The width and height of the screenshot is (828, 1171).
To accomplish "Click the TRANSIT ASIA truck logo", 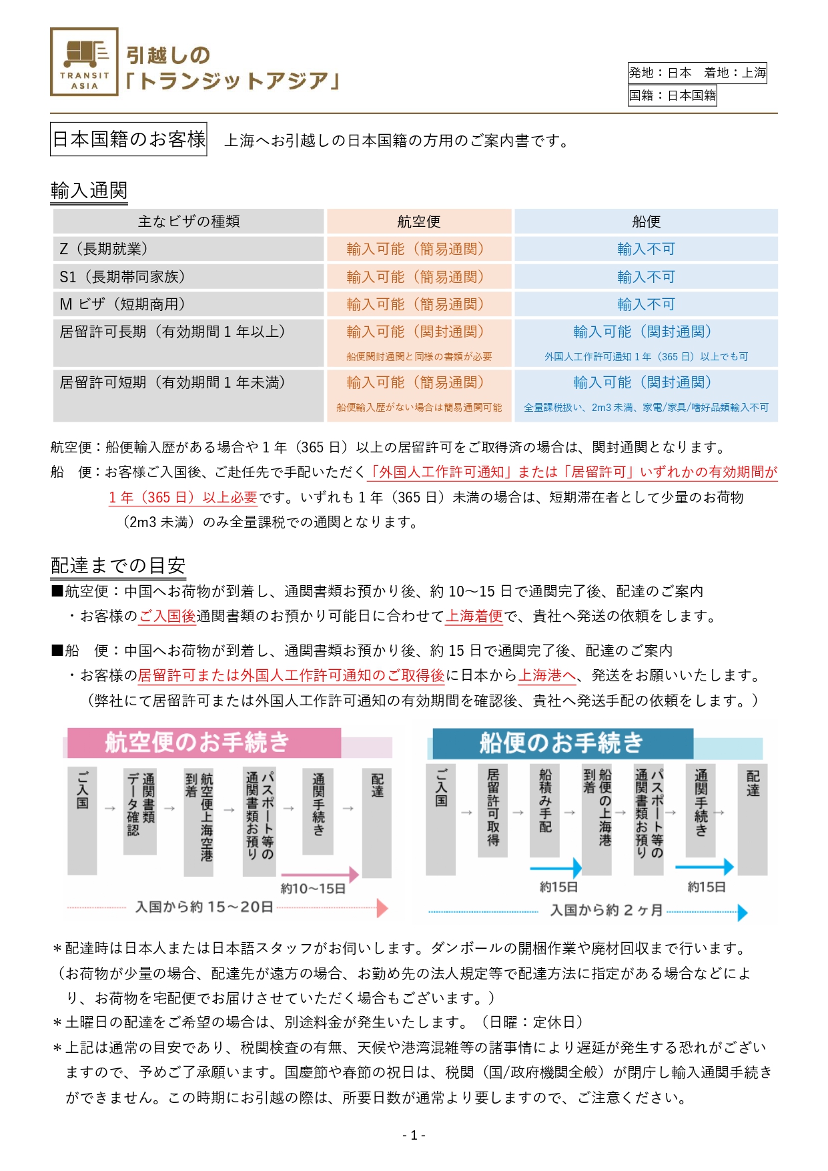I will [x=84, y=61].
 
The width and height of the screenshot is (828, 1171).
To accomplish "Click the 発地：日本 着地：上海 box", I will [x=697, y=73].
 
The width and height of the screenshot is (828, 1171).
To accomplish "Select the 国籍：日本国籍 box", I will [x=672, y=95].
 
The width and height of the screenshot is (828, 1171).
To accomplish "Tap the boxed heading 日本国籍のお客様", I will [x=129, y=139].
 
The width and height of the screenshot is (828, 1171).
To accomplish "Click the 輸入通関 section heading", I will [x=89, y=190].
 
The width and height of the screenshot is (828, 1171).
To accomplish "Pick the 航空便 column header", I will [x=418, y=222].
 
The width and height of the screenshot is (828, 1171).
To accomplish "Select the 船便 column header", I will [x=645, y=222].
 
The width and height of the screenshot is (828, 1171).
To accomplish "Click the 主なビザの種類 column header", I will [x=188, y=222].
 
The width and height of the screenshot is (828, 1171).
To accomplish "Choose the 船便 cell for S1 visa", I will [x=645, y=277].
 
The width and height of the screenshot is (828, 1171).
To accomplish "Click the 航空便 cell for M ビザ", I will [x=418, y=304].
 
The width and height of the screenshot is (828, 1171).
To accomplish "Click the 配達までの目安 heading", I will [x=118, y=566].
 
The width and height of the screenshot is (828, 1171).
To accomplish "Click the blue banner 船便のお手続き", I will [x=562, y=743].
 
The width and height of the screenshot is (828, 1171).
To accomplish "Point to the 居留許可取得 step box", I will [x=492, y=809].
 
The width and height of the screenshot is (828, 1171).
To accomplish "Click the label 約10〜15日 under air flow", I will [x=313, y=889].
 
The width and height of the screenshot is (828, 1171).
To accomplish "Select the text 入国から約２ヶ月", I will [x=606, y=910].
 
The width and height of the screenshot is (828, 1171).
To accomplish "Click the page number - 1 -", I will [x=414, y=1135].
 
